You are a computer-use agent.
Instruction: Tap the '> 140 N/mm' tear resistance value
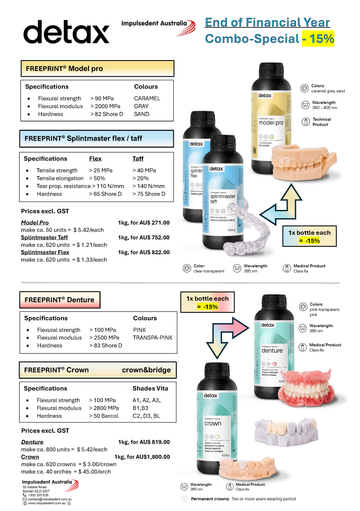coord(149,186)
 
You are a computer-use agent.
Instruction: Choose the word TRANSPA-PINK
coord(155,336)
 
